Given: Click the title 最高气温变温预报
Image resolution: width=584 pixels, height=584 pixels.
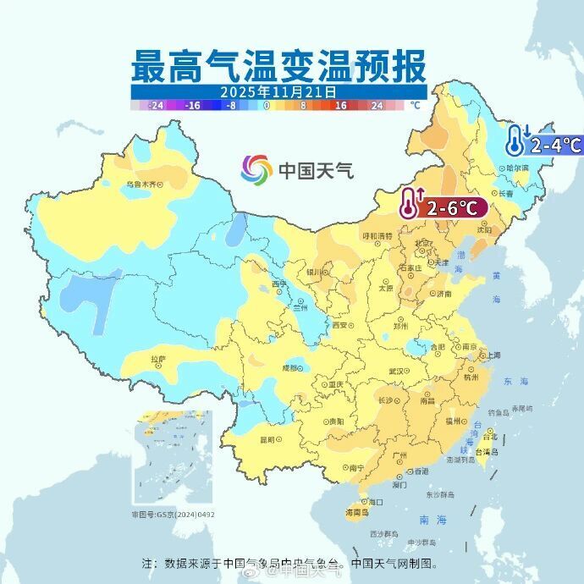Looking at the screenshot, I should (278, 66).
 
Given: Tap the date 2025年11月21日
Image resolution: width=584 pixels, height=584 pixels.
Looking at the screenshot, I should (278, 91).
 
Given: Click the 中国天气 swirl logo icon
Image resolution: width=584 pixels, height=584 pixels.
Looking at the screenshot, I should (256, 170).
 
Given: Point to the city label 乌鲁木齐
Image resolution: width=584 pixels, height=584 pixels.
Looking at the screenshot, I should (141, 184).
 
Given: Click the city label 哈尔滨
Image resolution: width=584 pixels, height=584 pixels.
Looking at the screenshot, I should (515, 168).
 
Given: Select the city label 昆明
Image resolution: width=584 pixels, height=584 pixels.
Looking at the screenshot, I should (268, 438).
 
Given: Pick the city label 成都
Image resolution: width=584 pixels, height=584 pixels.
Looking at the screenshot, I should (289, 367).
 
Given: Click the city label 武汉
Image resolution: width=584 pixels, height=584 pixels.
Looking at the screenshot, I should (396, 371).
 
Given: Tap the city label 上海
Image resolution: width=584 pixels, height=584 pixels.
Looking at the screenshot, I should (493, 355).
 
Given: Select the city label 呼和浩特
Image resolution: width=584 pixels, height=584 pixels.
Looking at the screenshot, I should (377, 235).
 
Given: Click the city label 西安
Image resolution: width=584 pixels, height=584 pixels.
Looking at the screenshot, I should (340, 325).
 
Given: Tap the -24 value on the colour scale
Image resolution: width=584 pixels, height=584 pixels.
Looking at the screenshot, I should (155, 106).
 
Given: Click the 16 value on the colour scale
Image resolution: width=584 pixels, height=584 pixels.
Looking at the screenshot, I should (340, 106).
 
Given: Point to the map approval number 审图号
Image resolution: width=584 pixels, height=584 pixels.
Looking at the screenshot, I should (173, 514).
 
